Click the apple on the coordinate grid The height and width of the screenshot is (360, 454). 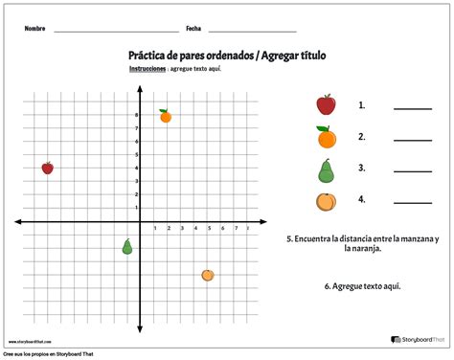[47, 168]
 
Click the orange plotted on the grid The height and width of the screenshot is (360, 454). [165, 116]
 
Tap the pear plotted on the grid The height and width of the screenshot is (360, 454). [126, 247]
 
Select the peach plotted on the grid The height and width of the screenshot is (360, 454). [208, 275]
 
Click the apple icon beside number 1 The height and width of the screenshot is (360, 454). [326, 104]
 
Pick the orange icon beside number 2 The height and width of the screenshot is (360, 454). [326, 137]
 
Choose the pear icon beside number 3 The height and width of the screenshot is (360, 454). [326, 169]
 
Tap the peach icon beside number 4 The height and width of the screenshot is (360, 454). [326, 201]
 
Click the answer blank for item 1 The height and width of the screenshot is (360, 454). [412, 108]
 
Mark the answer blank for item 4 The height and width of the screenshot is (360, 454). [412, 201]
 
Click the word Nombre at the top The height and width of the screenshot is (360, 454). [35, 29]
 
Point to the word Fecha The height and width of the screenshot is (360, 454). [193, 29]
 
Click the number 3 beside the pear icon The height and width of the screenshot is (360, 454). [362, 169]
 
